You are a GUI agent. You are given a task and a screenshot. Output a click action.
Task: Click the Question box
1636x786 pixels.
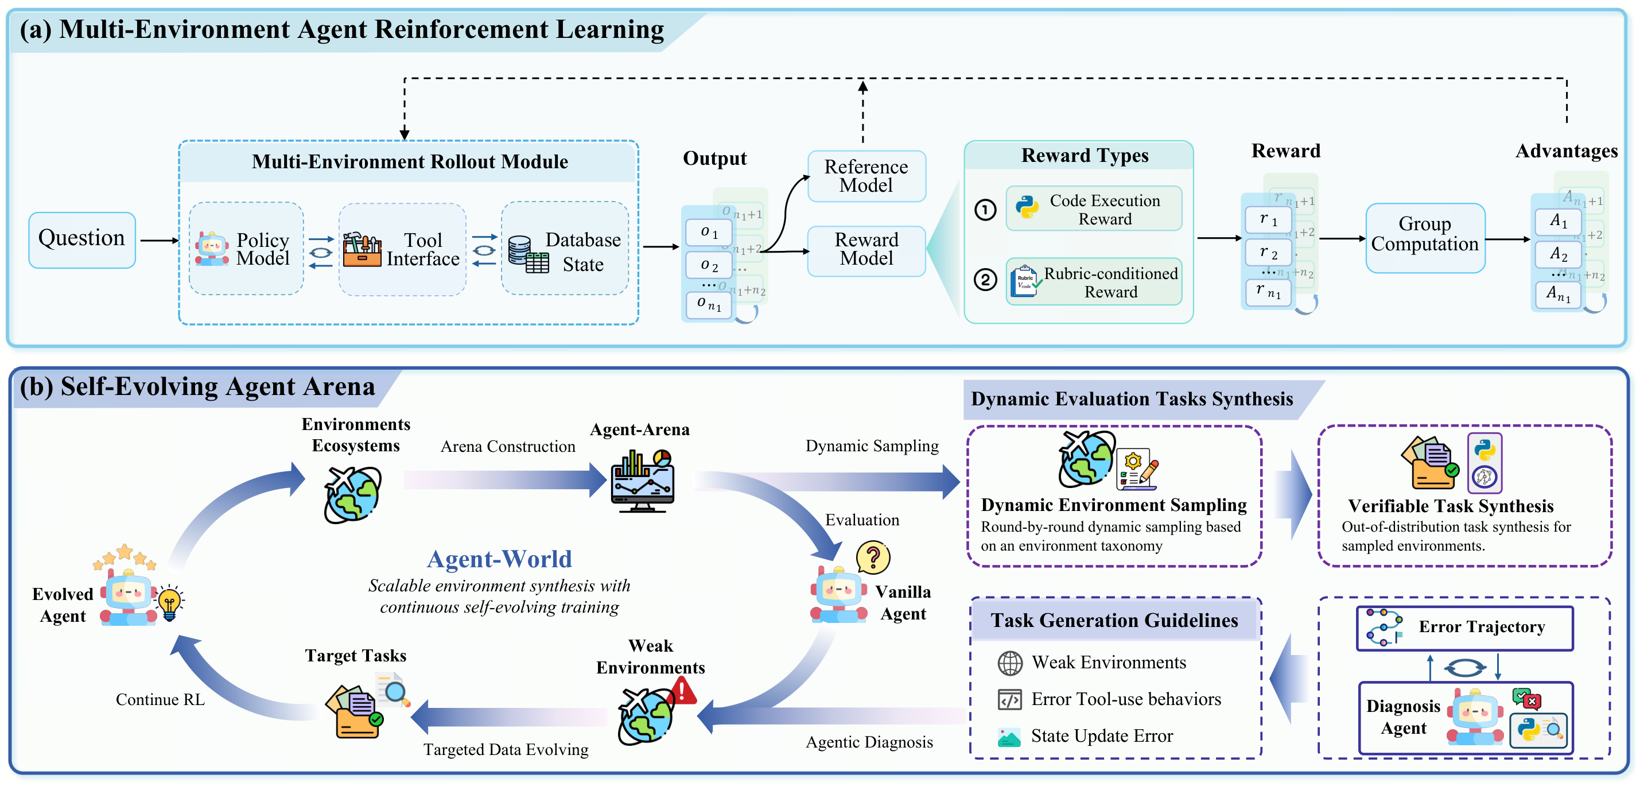(81, 239)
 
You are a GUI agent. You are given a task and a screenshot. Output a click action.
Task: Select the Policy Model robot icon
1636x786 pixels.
(212, 249)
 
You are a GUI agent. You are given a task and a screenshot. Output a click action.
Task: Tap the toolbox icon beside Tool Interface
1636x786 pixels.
(362, 249)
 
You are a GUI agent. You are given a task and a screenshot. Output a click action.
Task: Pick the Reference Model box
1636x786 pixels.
(866, 176)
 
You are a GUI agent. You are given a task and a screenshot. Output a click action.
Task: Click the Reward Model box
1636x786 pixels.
(866, 250)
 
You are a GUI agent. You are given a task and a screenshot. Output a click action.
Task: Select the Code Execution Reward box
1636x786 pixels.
(1094, 208)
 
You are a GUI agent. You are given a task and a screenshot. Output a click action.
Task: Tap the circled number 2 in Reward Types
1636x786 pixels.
(985, 279)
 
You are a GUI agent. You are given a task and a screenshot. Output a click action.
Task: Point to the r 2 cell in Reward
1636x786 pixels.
(1268, 252)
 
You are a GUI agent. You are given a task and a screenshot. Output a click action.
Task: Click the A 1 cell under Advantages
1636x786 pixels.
(1558, 221)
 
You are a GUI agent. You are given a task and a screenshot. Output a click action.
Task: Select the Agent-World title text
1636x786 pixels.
(499, 559)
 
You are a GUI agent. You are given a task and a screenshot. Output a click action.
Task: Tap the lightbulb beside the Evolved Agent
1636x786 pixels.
(170, 603)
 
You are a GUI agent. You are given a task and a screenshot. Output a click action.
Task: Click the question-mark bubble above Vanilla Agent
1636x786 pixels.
(873, 557)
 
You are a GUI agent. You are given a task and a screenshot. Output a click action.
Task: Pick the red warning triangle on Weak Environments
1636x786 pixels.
(683, 690)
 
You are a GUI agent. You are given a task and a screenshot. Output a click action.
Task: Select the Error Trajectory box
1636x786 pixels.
(1464, 628)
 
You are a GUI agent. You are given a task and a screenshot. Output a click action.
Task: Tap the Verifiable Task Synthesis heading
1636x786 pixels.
(1451, 506)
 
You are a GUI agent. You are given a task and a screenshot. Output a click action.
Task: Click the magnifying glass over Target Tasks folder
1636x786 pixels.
(394, 691)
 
